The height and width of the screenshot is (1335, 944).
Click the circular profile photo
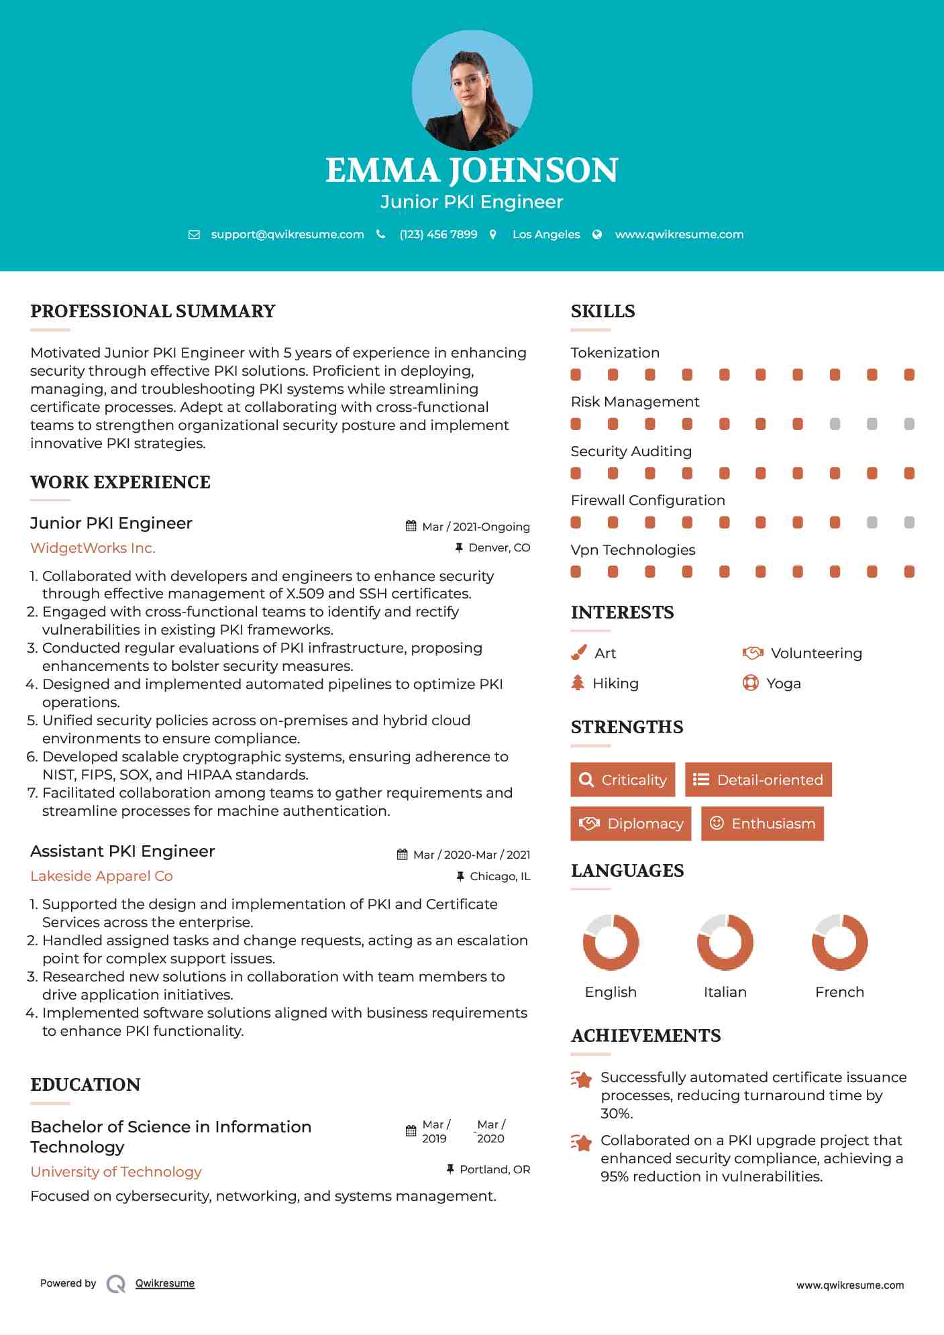[472, 90]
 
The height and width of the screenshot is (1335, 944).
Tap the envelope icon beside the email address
[194, 235]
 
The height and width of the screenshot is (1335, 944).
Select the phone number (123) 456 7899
[438, 235]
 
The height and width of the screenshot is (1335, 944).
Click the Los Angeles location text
[545, 235]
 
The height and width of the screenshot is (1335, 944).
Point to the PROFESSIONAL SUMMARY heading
[153, 311]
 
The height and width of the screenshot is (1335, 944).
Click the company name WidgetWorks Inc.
[93, 548]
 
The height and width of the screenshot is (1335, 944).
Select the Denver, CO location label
[499, 548]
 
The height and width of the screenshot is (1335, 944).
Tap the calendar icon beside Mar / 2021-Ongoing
[411, 527]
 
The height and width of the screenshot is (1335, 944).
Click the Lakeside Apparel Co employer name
[101, 876]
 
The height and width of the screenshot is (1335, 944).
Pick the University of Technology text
[116, 1172]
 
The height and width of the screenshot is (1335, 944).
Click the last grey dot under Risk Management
[909, 424]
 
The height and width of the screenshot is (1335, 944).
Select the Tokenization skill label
[615, 353]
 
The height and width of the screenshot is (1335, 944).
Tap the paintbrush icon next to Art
[578, 653]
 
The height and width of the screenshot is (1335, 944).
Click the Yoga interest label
[783, 684]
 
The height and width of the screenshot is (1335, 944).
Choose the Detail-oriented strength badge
[758, 780]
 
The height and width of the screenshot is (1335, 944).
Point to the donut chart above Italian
[725, 942]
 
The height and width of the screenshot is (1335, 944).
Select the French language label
[839, 992]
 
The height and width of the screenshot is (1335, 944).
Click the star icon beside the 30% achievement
[581, 1079]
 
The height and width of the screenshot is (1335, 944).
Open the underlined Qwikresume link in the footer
[165, 1283]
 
